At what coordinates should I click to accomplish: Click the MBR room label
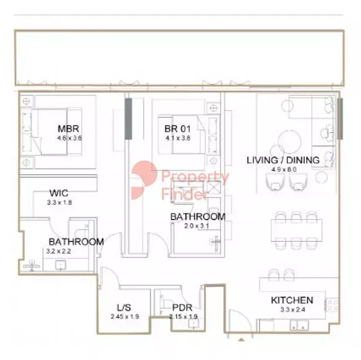[x=68, y=129]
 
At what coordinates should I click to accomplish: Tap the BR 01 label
[x=177, y=129]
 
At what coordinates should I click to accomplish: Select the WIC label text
[x=59, y=193]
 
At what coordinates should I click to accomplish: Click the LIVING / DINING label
[x=283, y=160]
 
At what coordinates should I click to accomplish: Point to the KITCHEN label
[x=292, y=300]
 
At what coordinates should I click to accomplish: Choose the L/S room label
[x=124, y=308]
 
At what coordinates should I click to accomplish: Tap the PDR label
[x=182, y=308]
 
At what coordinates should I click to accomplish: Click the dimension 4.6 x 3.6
[x=69, y=138]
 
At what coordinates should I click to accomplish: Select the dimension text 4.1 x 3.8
[x=178, y=138]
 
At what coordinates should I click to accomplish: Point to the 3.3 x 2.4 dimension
[x=293, y=310]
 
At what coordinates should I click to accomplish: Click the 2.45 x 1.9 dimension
[x=124, y=316]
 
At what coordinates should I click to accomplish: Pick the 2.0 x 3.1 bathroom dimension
[x=197, y=226]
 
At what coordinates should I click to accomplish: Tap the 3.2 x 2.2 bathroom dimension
[x=59, y=251]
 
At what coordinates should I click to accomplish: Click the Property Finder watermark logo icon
[x=144, y=180]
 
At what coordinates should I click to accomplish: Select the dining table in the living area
[x=296, y=231]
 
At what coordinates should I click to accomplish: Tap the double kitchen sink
[x=299, y=325]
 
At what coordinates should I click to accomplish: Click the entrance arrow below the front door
[x=241, y=339]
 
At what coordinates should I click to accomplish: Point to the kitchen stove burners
[x=331, y=305]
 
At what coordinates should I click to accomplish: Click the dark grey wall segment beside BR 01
[x=128, y=119]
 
